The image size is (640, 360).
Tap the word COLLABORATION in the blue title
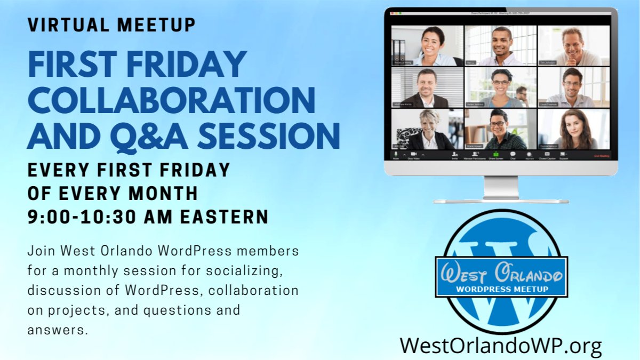pyautogui.click(x=171, y=100)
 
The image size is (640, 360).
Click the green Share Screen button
pyautogui.click(x=495, y=155)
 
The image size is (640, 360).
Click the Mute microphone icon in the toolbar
pyautogui.click(x=396, y=154)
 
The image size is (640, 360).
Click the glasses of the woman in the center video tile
pyautogui.click(x=501, y=82)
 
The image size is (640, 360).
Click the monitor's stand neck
pyautogui.click(x=501, y=187)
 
